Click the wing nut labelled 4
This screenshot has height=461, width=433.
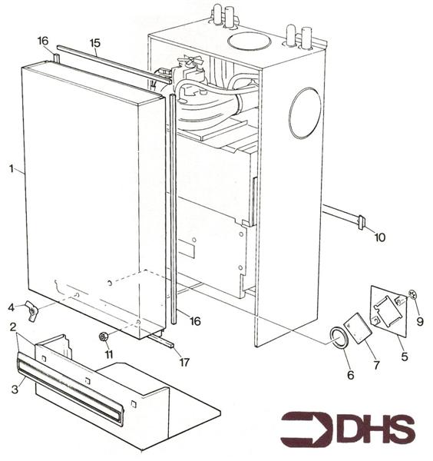tap(31, 311)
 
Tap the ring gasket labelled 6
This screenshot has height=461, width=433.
tap(339, 337)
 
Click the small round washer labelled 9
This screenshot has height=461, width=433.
tap(413, 294)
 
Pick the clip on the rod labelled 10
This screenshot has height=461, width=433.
tap(362, 222)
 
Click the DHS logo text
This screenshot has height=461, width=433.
tap(379, 429)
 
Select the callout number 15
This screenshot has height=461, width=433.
tap(95, 43)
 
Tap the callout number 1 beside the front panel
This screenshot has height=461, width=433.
tap(12, 169)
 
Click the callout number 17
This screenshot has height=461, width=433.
tap(184, 363)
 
